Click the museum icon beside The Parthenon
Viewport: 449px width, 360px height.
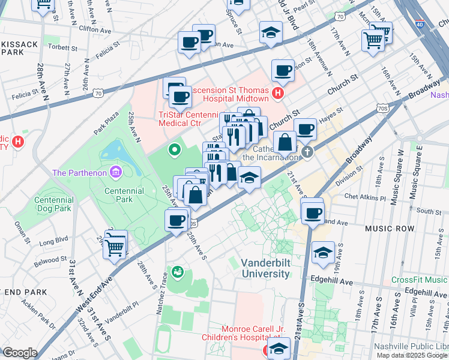[116, 173]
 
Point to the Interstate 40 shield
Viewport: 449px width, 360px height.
[419, 24]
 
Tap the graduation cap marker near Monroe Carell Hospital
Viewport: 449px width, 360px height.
[279, 349]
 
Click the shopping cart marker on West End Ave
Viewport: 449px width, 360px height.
[114, 246]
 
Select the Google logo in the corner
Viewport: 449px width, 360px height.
[20, 352]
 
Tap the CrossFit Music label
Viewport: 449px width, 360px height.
[419, 280]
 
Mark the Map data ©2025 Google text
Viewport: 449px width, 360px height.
[412, 355]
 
